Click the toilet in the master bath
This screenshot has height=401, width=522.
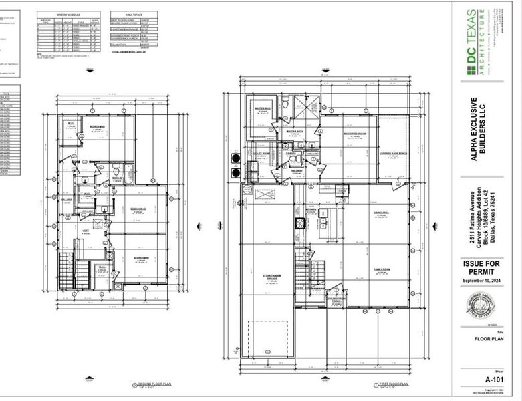click(285, 102)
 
